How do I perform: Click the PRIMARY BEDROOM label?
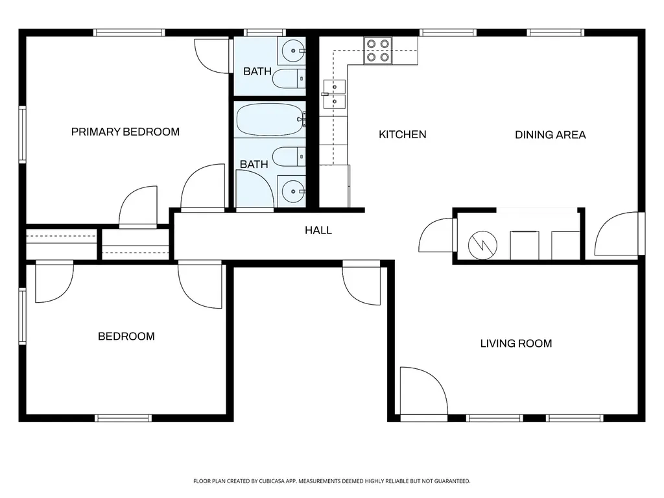point(125,132)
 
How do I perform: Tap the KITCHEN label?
point(402,135)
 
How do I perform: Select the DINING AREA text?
point(550,135)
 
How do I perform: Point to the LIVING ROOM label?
point(516,344)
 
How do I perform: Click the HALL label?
point(318,230)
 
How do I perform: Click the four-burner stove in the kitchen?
point(378,51)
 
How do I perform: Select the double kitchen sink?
point(334,94)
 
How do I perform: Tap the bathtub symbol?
point(270,119)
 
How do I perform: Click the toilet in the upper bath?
point(289,78)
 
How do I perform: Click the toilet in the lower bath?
point(289,157)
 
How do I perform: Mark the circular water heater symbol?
point(482,245)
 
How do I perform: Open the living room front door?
point(423,392)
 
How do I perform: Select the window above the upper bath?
point(265,32)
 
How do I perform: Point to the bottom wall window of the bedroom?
point(123,418)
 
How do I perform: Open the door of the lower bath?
point(254,190)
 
